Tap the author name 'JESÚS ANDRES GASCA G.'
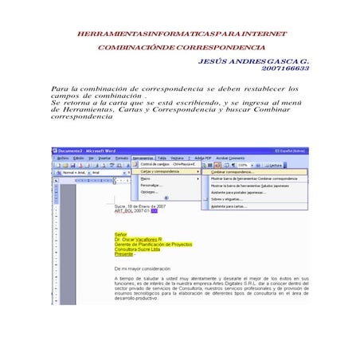click(253, 61)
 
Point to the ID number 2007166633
click(284, 69)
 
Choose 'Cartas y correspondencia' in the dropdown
click(159, 171)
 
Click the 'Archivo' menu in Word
click(64, 158)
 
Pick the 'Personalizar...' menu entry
click(151, 186)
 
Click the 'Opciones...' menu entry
click(149, 192)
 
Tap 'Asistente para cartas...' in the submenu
click(229, 206)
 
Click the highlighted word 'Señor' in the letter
click(120, 234)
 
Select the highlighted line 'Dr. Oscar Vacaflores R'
click(138, 240)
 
